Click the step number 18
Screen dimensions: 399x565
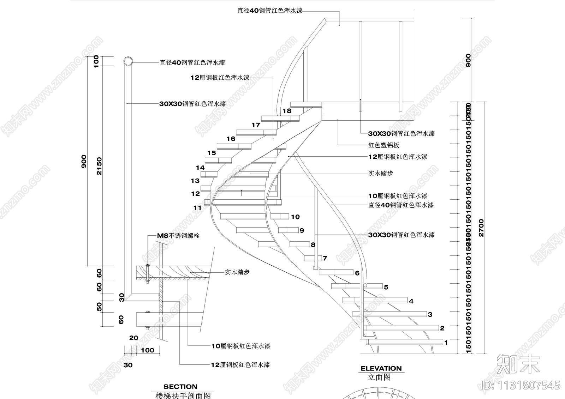[287, 111]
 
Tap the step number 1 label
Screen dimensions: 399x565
[446, 342]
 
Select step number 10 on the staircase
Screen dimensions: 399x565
[295, 217]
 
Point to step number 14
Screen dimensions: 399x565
[200, 168]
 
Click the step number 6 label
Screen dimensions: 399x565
[357, 273]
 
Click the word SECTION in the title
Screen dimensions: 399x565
[180, 387]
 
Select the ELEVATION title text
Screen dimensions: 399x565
[381, 368]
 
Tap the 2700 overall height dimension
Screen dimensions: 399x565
[481, 228]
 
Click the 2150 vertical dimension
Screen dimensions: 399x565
[99, 166]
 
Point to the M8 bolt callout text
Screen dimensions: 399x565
[178, 235]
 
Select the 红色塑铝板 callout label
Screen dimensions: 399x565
[384, 145]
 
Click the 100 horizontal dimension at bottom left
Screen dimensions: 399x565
[147, 350]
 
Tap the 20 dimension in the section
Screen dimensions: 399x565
[133, 338]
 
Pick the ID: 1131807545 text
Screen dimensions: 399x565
[521, 385]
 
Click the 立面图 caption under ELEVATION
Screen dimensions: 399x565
[379, 377]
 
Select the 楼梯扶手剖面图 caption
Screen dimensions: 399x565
[183, 395]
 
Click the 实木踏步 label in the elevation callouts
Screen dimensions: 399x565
[380, 173]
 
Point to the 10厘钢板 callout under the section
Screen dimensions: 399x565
[241, 346]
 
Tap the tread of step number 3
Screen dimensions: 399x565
[390, 314]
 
